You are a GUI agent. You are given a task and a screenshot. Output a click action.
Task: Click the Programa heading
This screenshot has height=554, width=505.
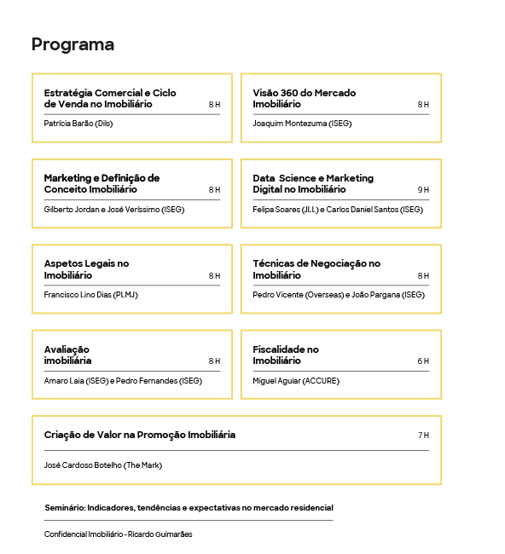pyautogui.click(x=73, y=44)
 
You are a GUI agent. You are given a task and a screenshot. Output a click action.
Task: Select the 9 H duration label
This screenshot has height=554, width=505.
pyautogui.click(x=423, y=190)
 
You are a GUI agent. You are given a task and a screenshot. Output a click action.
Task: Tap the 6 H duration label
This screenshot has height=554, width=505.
pyautogui.click(x=423, y=361)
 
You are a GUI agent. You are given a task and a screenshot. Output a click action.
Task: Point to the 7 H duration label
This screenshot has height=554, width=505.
pyautogui.click(x=423, y=436)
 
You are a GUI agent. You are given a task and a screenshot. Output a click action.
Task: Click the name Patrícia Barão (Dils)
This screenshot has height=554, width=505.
pyautogui.click(x=78, y=124)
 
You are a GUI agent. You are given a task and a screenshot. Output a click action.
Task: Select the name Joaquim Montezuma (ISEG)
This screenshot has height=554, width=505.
pyautogui.click(x=302, y=124)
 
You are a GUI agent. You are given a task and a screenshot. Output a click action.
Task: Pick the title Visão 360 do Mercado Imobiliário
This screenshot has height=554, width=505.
pyautogui.click(x=304, y=98)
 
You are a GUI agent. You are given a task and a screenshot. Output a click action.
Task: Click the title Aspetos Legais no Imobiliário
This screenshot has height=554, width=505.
pyautogui.click(x=86, y=269)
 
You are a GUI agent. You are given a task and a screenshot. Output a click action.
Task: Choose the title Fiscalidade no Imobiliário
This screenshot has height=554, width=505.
pyautogui.click(x=285, y=355)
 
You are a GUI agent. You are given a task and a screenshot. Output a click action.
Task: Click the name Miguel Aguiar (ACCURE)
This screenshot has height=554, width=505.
pyautogui.click(x=296, y=381)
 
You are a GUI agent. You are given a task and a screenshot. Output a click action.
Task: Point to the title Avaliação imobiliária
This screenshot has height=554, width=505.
pyautogui.click(x=67, y=355)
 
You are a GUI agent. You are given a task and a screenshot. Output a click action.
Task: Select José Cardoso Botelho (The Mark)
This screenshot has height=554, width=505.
pyautogui.click(x=102, y=465)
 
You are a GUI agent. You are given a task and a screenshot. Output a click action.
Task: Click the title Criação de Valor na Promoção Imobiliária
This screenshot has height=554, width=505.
pyautogui.click(x=139, y=435)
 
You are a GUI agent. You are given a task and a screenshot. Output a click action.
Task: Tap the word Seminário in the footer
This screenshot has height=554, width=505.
pyautogui.click(x=66, y=508)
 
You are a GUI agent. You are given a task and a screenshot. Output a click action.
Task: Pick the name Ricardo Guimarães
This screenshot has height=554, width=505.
pyautogui.click(x=161, y=534)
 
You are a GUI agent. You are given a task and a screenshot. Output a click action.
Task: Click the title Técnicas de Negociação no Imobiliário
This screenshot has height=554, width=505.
pyautogui.click(x=316, y=269)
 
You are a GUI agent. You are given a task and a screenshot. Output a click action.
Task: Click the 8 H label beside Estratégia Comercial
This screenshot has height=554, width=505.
pyautogui.click(x=214, y=105)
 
